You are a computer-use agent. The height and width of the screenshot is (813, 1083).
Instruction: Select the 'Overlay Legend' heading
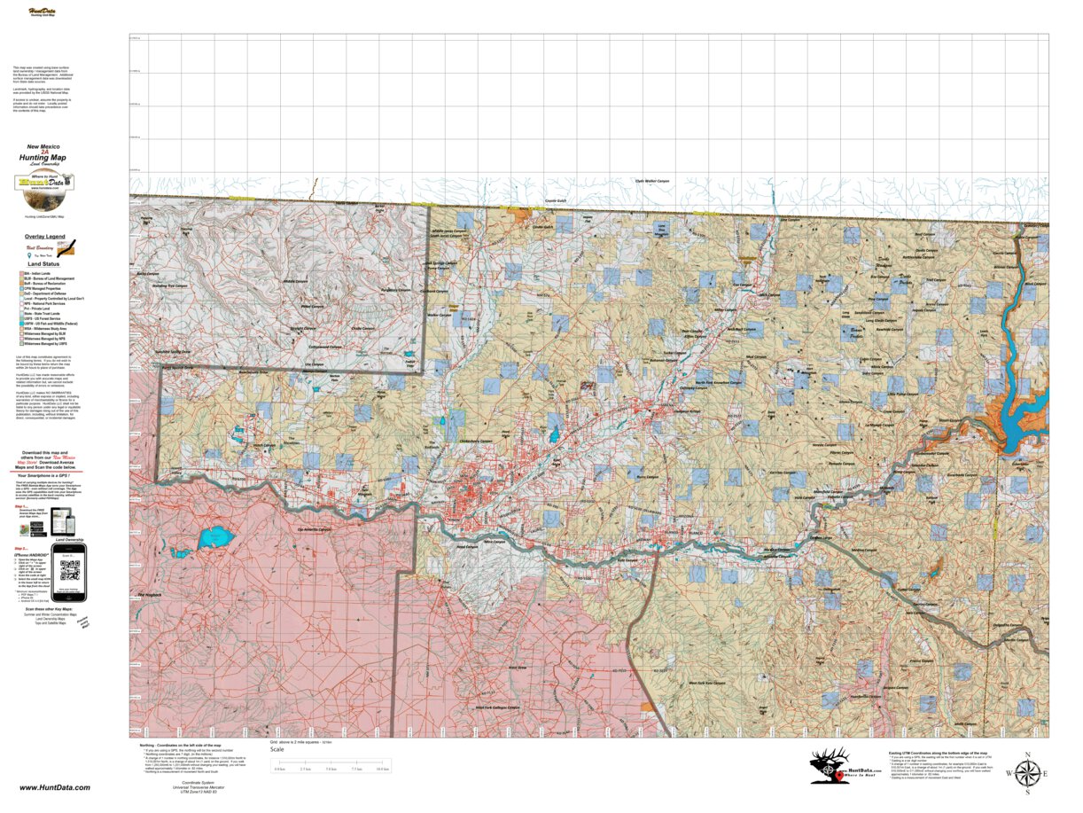click(44, 237)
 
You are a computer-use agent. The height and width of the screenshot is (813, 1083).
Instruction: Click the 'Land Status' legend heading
click(43, 263)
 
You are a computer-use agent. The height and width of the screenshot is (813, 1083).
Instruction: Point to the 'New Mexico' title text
click(44, 145)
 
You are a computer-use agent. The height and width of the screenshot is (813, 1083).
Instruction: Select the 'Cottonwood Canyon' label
click(324, 347)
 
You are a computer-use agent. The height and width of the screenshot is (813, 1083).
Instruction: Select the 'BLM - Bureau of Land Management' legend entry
click(50, 278)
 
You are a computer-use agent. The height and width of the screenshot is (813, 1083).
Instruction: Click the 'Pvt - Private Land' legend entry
click(43, 309)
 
